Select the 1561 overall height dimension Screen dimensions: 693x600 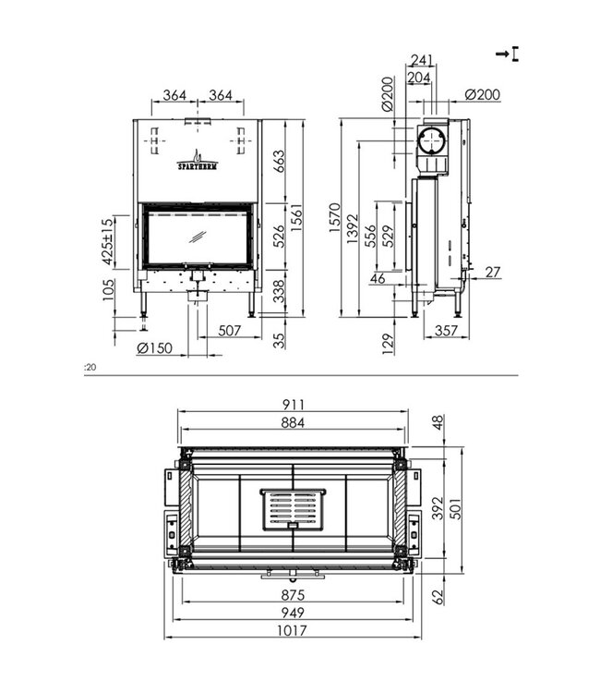pos(296,217)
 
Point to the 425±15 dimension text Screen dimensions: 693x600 pos(107,240)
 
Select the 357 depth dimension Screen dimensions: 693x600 pos(446,330)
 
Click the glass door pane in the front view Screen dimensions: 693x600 pos(198,237)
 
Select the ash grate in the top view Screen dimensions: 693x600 pos(292,509)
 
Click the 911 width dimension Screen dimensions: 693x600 pos(293,405)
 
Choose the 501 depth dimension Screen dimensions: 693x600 pos(456,507)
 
